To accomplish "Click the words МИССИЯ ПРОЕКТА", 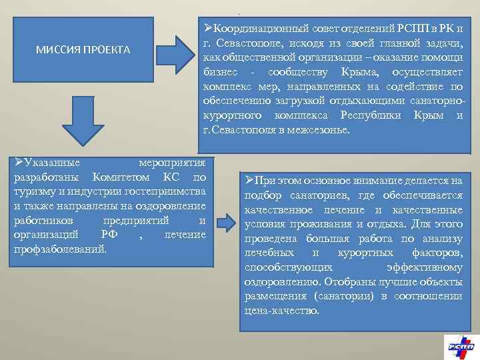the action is point(83,51).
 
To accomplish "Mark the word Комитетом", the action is point(123,178).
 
